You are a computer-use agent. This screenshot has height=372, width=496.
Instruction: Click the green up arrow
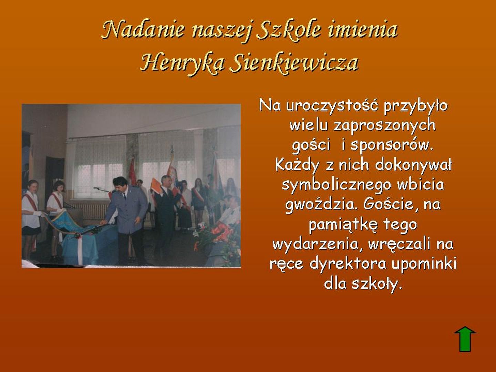coord(465,342)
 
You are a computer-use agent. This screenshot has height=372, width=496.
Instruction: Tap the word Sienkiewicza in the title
coord(294,62)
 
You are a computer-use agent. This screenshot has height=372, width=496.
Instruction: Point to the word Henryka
coord(182,62)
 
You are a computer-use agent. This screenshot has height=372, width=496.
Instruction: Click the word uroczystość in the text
coord(332,105)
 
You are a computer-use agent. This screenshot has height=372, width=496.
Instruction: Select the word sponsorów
coord(392,145)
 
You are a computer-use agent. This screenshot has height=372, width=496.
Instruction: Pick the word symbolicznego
coord(337,185)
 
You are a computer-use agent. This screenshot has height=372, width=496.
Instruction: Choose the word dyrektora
coord(348,264)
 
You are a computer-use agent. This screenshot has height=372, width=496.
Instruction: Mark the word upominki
coord(424,264)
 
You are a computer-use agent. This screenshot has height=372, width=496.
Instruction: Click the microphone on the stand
coord(97,188)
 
